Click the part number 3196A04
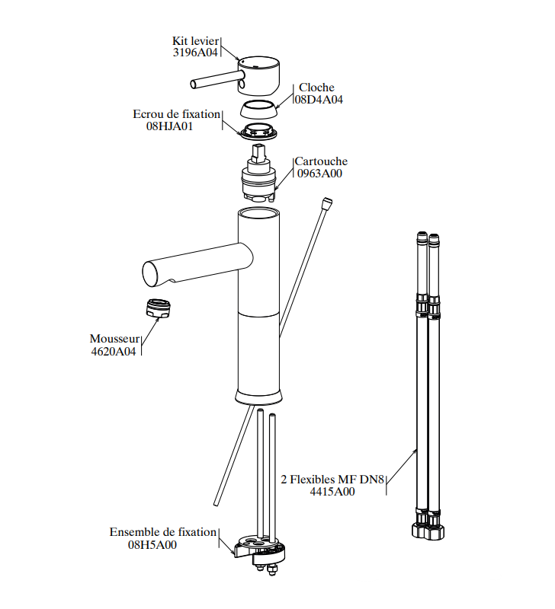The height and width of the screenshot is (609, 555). coord(195,53)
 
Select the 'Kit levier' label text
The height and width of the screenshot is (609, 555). coord(196,41)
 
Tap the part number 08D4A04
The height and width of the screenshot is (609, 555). coord(319,100)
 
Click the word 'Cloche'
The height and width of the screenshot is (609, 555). coord(316,88)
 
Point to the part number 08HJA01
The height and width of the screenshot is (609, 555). coord(169,126)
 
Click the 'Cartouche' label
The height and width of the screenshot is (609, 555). coord(321,161)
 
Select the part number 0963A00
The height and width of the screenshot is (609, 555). coord(319,174)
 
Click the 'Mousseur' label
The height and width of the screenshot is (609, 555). coord(114,339)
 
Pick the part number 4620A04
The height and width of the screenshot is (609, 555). coord(114,351)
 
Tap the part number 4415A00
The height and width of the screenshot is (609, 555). coord(332,492)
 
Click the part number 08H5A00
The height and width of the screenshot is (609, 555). coord(152,544)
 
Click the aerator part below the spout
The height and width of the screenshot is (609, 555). coord(159,308)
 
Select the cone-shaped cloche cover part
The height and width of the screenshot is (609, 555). coord(258,109)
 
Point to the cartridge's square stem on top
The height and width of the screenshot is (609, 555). coord(258,153)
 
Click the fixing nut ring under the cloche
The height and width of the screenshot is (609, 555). coord(258,131)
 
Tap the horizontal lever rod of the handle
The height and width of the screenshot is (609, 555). coord(215,80)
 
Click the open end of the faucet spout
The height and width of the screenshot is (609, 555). coord(152,274)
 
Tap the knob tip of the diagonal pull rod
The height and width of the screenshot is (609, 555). coord(327,202)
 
